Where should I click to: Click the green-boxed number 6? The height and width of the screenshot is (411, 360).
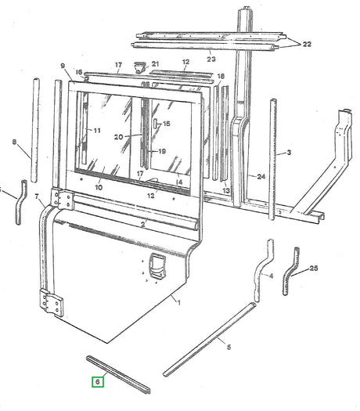click(x=96, y=382)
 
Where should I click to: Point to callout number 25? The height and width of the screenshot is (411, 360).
click(x=314, y=269)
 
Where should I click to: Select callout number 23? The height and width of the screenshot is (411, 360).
click(x=211, y=59)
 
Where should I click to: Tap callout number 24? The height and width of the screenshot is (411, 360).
click(x=261, y=177)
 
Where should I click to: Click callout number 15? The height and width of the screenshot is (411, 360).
click(x=167, y=124)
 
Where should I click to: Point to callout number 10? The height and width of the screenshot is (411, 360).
click(x=99, y=189)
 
